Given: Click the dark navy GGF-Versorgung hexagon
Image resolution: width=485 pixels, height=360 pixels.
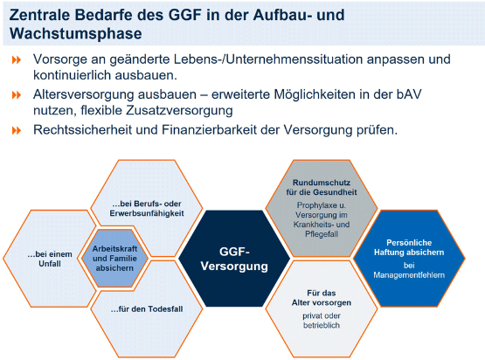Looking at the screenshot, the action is (x=234, y=259).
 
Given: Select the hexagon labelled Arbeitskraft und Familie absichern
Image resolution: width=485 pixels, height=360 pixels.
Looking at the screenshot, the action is (x=114, y=259).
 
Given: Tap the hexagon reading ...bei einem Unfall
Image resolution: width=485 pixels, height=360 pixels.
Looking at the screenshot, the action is (x=50, y=259).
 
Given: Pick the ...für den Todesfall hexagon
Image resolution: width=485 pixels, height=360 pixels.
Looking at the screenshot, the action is (x=147, y=308).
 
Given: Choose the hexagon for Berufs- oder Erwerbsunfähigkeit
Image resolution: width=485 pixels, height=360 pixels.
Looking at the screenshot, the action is (x=147, y=208).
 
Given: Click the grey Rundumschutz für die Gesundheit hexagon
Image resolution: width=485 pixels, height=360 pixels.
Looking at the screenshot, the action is (x=322, y=208).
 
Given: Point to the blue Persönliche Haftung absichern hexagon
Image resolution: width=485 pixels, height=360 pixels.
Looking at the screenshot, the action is (x=409, y=259).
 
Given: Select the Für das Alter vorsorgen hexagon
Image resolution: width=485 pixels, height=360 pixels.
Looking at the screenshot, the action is (x=322, y=308).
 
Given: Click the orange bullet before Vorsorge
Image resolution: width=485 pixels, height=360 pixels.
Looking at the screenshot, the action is (x=17, y=59).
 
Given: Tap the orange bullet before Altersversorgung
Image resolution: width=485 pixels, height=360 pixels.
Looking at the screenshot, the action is (x=17, y=95).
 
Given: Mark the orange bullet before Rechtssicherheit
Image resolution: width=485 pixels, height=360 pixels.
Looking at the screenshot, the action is (x=17, y=130).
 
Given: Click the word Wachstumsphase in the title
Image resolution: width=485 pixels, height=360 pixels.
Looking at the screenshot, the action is (x=75, y=33).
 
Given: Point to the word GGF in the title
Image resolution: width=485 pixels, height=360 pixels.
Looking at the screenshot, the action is (x=184, y=15).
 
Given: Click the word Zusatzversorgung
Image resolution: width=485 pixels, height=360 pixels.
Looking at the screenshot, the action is (x=179, y=110).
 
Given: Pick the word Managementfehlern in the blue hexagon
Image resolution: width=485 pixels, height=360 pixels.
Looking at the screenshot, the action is (x=409, y=275).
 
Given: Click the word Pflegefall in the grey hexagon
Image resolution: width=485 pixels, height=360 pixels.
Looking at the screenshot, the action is (x=322, y=234).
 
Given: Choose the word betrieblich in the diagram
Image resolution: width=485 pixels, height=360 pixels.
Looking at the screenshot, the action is (x=322, y=325).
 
